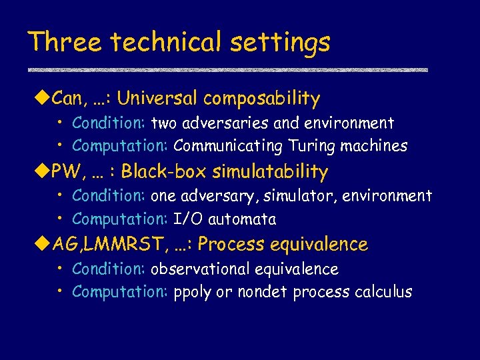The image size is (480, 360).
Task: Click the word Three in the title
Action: [65, 43]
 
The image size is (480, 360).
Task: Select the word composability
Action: [262, 100]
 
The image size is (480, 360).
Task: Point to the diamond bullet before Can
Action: [37, 99]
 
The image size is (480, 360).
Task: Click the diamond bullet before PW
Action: [37, 172]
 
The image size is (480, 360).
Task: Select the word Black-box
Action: [165, 172]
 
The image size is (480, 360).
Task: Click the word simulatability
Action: [271, 173]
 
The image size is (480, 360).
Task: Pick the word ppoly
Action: [192, 293]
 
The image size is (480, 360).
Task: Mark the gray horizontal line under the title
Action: [227, 69]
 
